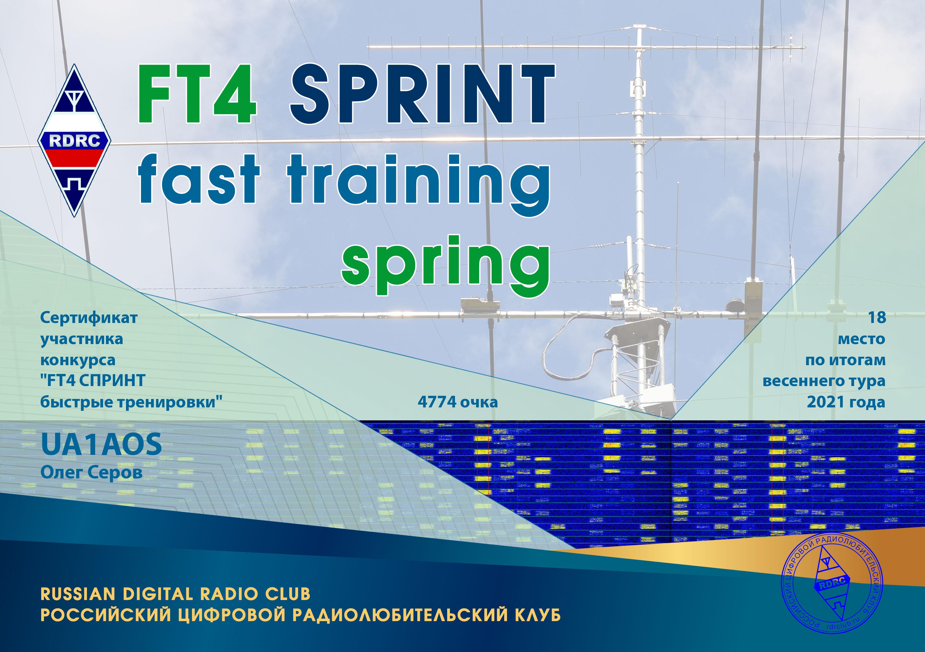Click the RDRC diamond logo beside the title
point(75,140)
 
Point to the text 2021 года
point(846,402)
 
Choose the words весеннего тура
point(824,381)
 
